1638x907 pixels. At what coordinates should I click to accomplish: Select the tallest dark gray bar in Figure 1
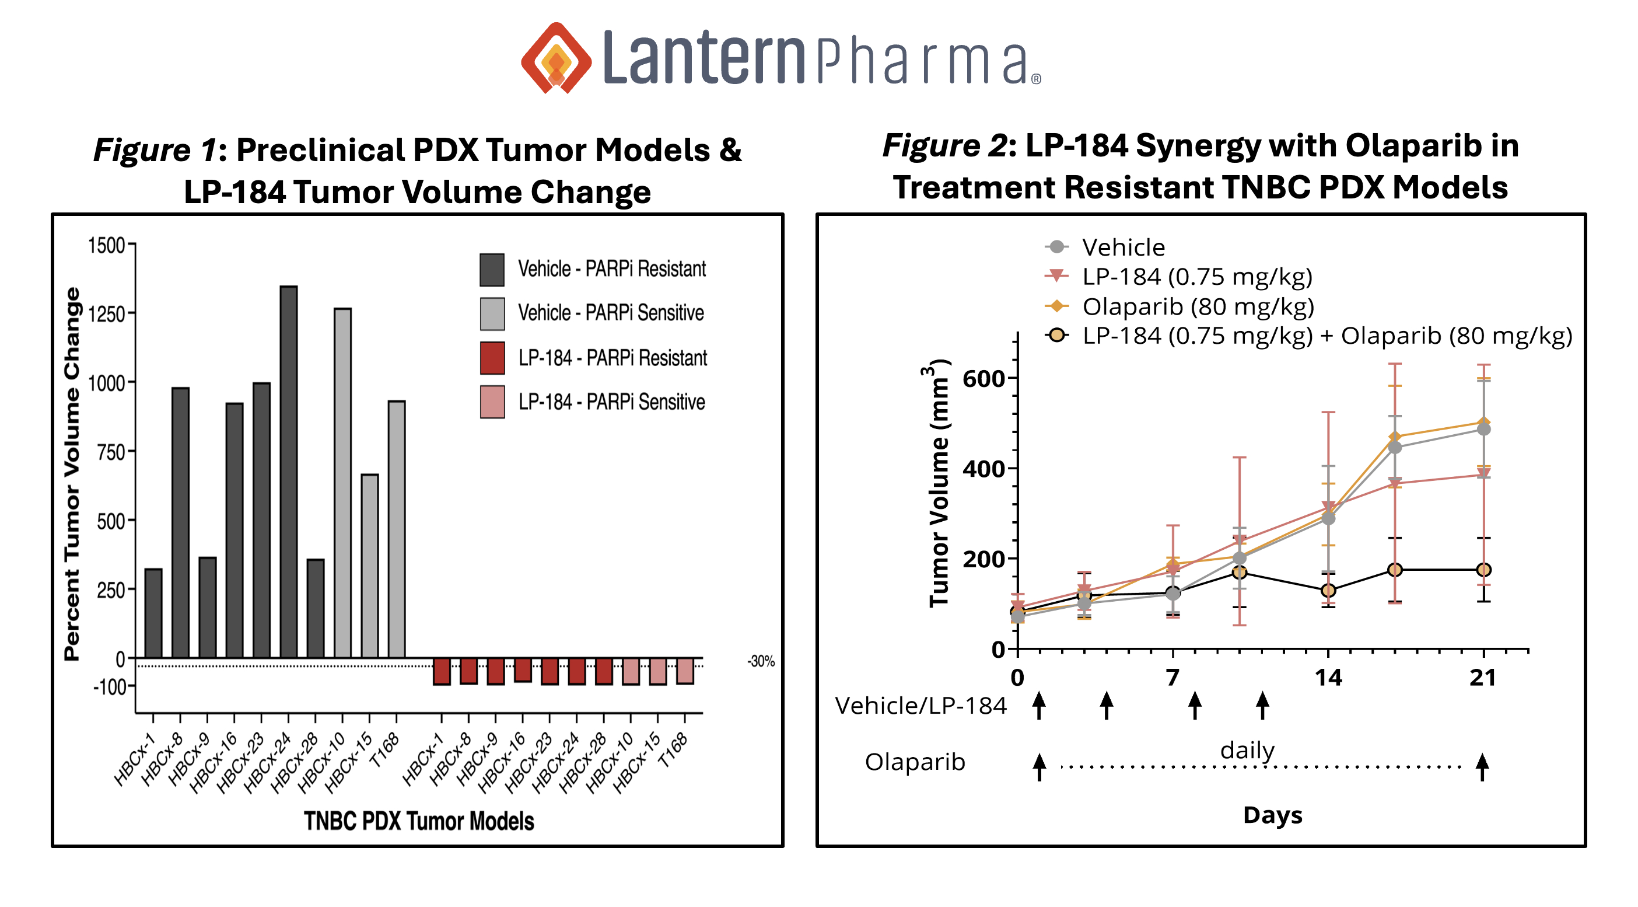[289, 470]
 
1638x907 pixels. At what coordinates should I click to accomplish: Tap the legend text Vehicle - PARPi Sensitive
[610, 313]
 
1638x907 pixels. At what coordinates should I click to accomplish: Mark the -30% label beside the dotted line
[761, 661]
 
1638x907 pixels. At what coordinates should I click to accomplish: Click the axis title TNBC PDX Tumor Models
[418, 821]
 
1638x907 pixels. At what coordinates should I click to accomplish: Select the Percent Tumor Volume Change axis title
[72, 474]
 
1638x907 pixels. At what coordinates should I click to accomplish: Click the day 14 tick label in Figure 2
[1328, 678]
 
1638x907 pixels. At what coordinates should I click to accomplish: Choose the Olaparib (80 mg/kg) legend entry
[1198, 306]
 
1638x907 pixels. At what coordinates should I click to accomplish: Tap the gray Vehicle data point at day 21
[1483, 430]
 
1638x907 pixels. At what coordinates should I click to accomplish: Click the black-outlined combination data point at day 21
[1483, 570]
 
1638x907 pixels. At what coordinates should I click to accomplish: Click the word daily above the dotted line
[1247, 751]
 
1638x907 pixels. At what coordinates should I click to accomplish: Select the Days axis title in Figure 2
[1272, 815]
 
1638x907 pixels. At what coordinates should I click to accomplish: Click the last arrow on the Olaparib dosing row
[1482, 767]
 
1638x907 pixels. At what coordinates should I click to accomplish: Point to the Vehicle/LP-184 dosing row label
[920, 706]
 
